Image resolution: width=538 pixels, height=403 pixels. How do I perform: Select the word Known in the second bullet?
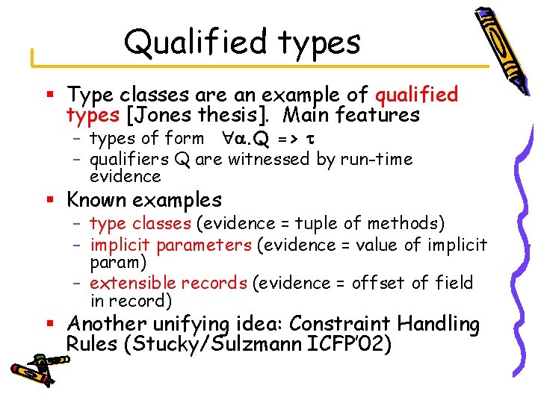[x=94, y=200]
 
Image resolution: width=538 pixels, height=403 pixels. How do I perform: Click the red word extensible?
[x=126, y=283]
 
